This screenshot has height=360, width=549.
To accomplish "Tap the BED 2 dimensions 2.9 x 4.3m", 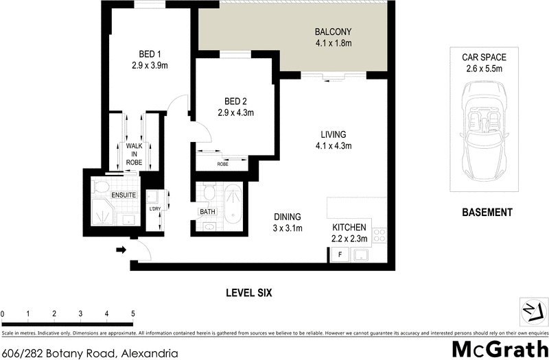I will click(236, 112).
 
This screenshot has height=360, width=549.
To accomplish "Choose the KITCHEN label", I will click(349, 228).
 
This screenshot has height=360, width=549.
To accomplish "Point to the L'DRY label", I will click(154, 209).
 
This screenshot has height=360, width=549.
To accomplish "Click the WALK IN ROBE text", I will click(133, 154).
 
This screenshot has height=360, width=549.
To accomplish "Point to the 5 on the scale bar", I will click(132, 313).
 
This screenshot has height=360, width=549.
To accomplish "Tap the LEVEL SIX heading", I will click(249, 293).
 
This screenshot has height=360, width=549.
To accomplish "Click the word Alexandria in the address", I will click(150, 354).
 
